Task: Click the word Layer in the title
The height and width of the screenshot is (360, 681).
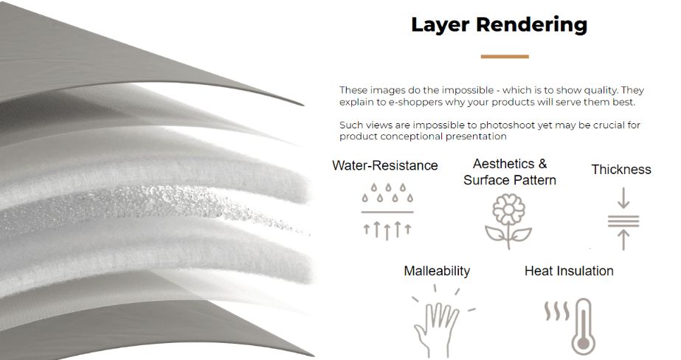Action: pyautogui.click(x=440, y=25)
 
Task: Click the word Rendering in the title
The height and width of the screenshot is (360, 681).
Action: pyautogui.click(x=532, y=25)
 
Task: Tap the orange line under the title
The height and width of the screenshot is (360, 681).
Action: pyautogui.click(x=505, y=57)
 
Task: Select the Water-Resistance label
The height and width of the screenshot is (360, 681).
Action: pyautogui.click(x=385, y=165)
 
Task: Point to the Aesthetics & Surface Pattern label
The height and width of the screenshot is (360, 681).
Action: pyautogui.click(x=509, y=172)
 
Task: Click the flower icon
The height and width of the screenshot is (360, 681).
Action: pyautogui.click(x=508, y=221)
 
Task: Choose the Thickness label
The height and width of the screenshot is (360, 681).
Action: pyautogui.click(x=621, y=170)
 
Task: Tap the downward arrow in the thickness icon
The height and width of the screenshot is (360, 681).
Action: pyautogui.click(x=623, y=198)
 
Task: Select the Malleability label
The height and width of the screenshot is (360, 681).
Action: pyautogui.click(x=437, y=271)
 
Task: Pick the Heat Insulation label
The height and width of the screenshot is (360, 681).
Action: pyautogui.click(x=569, y=271)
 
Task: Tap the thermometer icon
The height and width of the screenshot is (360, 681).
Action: pyautogui.click(x=584, y=327)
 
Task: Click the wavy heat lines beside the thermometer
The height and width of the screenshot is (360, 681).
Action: pyautogui.click(x=557, y=311)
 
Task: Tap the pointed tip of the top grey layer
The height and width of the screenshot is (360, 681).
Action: pyautogui.click(x=303, y=105)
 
